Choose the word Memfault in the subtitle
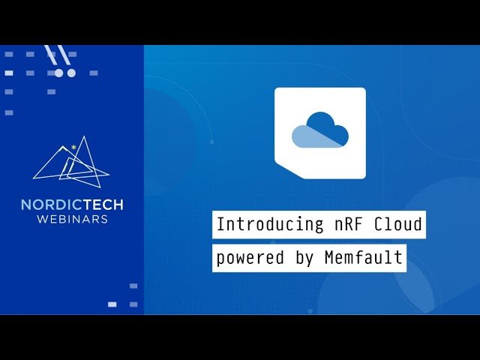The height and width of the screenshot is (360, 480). click(363, 259)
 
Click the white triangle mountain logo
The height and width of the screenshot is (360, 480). click(72, 160)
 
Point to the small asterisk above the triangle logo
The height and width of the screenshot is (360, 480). click(73, 139)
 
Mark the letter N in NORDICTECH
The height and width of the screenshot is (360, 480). click(25, 205)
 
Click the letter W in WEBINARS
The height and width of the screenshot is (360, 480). click(41, 219)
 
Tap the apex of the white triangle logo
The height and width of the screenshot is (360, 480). click(87, 137)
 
